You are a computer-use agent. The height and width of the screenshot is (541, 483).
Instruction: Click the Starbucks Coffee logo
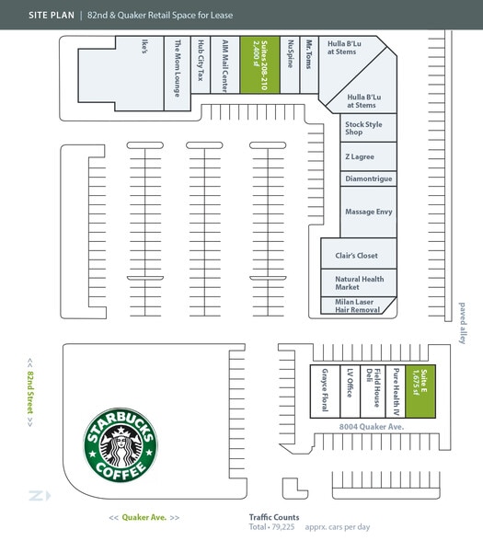pos(121,444)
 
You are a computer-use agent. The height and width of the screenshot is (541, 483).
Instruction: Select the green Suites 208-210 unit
pos(259,64)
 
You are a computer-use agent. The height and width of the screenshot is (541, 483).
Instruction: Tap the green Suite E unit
pos(420,391)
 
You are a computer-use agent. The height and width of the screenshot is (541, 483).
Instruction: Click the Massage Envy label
pos(368,212)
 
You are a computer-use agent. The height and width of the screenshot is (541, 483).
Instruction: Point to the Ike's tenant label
pos(144,46)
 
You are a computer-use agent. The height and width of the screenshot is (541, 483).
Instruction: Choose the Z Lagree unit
pos(368,156)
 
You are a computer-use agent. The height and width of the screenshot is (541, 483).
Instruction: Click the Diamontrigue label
pos(368,178)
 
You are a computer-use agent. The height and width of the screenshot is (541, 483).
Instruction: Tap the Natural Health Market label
pos(359,283)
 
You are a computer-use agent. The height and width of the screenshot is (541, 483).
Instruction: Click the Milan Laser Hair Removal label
pos(357,305)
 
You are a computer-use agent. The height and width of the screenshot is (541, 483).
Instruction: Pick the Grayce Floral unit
pos(325,391)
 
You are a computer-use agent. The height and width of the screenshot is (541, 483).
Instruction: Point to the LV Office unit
pos(350,391)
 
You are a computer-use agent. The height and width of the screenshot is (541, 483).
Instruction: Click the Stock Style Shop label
pos(363,128)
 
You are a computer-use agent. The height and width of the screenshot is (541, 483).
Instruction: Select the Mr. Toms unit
pos(309,64)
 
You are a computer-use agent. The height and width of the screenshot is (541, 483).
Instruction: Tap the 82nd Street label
pos(30,392)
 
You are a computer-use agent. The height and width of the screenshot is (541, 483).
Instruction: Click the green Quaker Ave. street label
pos(144,517)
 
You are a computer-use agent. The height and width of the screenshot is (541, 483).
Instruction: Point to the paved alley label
pos(462,323)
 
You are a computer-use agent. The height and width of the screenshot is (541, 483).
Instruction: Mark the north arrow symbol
pos(40,495)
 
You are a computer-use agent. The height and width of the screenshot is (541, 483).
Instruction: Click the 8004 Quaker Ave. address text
pos(372,427)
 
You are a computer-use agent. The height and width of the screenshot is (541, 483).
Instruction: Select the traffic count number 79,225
pos(283,527)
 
